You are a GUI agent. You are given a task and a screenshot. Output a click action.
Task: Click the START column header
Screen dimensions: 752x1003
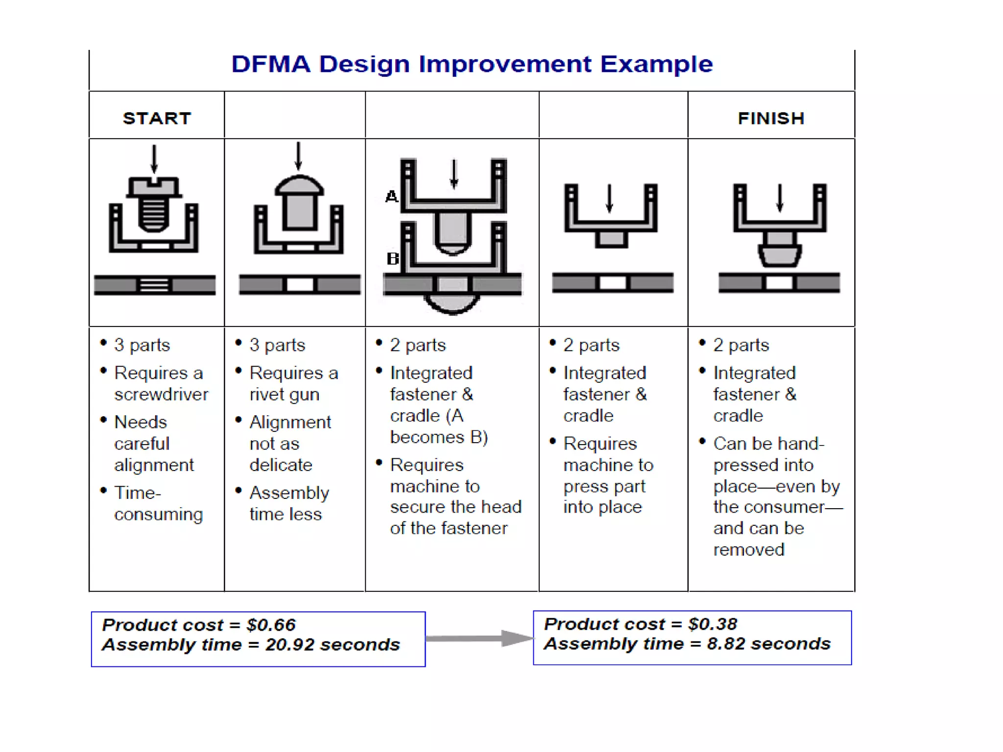[157, 118]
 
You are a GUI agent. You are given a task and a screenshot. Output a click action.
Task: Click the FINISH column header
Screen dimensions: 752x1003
[771, 118]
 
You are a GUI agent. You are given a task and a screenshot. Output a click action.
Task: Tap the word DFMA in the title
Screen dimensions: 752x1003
[271, 64]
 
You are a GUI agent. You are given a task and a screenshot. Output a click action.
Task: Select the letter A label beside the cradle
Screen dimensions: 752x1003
[391, 197]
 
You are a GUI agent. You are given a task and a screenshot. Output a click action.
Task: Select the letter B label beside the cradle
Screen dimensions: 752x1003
[393, 258]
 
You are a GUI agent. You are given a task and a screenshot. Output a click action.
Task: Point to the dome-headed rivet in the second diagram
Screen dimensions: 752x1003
[299, 203]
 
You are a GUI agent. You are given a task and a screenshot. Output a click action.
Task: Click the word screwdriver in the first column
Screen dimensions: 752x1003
[161, 394]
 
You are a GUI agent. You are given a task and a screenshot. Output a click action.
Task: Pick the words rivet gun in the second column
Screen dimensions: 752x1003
[284, 394]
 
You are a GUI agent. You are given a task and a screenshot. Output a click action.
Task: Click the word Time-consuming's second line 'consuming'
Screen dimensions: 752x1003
[158, 514]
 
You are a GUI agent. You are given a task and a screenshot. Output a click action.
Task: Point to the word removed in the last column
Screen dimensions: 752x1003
[748, 549]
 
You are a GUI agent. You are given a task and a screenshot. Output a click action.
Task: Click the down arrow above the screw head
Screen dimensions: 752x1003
[154, 159]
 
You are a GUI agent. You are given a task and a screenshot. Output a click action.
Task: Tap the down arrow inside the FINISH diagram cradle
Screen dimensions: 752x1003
[780, 198]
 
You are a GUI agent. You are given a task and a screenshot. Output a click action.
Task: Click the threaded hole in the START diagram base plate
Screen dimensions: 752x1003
[154, 284]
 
